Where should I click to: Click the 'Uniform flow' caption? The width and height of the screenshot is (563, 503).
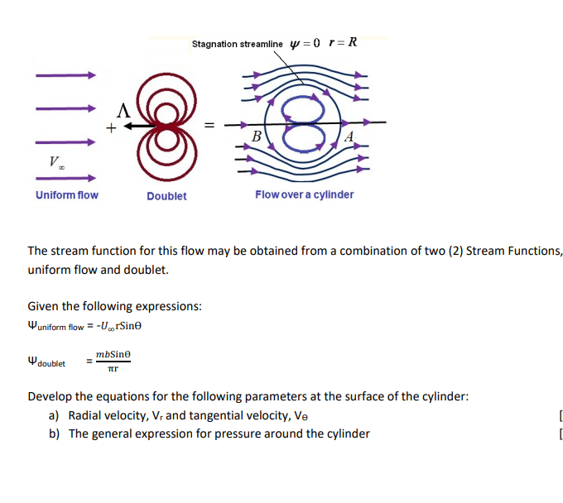click(66, 195)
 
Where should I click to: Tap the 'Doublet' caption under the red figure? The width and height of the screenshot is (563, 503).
click(166, 196)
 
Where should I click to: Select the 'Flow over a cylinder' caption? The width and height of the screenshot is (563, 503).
click(304, 194)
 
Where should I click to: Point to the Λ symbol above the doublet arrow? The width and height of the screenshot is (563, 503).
click(123, 109)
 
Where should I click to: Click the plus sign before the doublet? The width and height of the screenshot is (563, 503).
click(109, 127)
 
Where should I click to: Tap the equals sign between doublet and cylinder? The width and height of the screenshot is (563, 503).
click(209, 126)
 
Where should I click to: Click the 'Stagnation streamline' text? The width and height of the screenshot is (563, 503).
click(237, 44)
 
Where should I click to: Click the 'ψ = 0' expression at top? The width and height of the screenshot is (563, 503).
click(308, 43)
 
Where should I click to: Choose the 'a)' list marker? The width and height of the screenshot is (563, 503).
click(55, 415)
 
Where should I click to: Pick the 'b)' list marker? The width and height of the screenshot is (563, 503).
click(55, 434)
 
